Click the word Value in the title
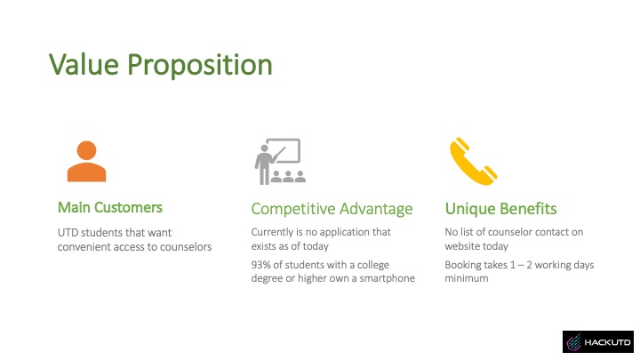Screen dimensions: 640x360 tap(84, 65)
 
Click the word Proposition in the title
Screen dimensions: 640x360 tap(200, 65)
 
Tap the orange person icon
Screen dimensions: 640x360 tap(86, 161)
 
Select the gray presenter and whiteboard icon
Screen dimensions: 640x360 tap(280, 162)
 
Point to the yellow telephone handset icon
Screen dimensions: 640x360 tap(474, 161)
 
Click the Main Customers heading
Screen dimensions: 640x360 tap(110, 207)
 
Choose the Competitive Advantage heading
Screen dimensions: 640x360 tap(332, 209)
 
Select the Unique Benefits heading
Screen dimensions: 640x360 tap(500, 209)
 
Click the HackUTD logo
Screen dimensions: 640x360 tap(598, 341)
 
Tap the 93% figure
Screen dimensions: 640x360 tap(260, 265)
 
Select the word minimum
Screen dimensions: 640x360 tap(467, 278)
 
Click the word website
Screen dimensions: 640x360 tap(460, 246)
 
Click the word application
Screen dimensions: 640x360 tap(344, 233)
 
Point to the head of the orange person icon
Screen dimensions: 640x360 tap(86, 150)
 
